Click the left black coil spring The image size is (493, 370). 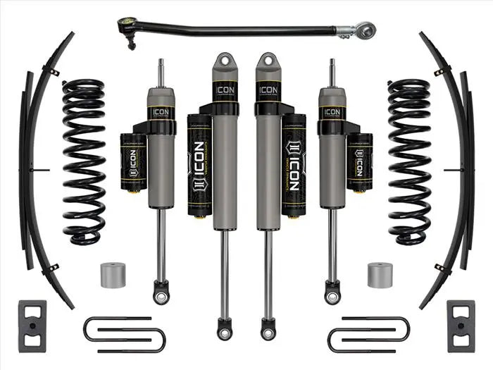pos(85,161)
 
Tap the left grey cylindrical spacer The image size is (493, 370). pos(112,273)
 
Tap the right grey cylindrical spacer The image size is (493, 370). pos(380,273)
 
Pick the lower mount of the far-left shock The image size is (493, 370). pos(161,290)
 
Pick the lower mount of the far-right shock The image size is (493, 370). pos(331,290)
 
